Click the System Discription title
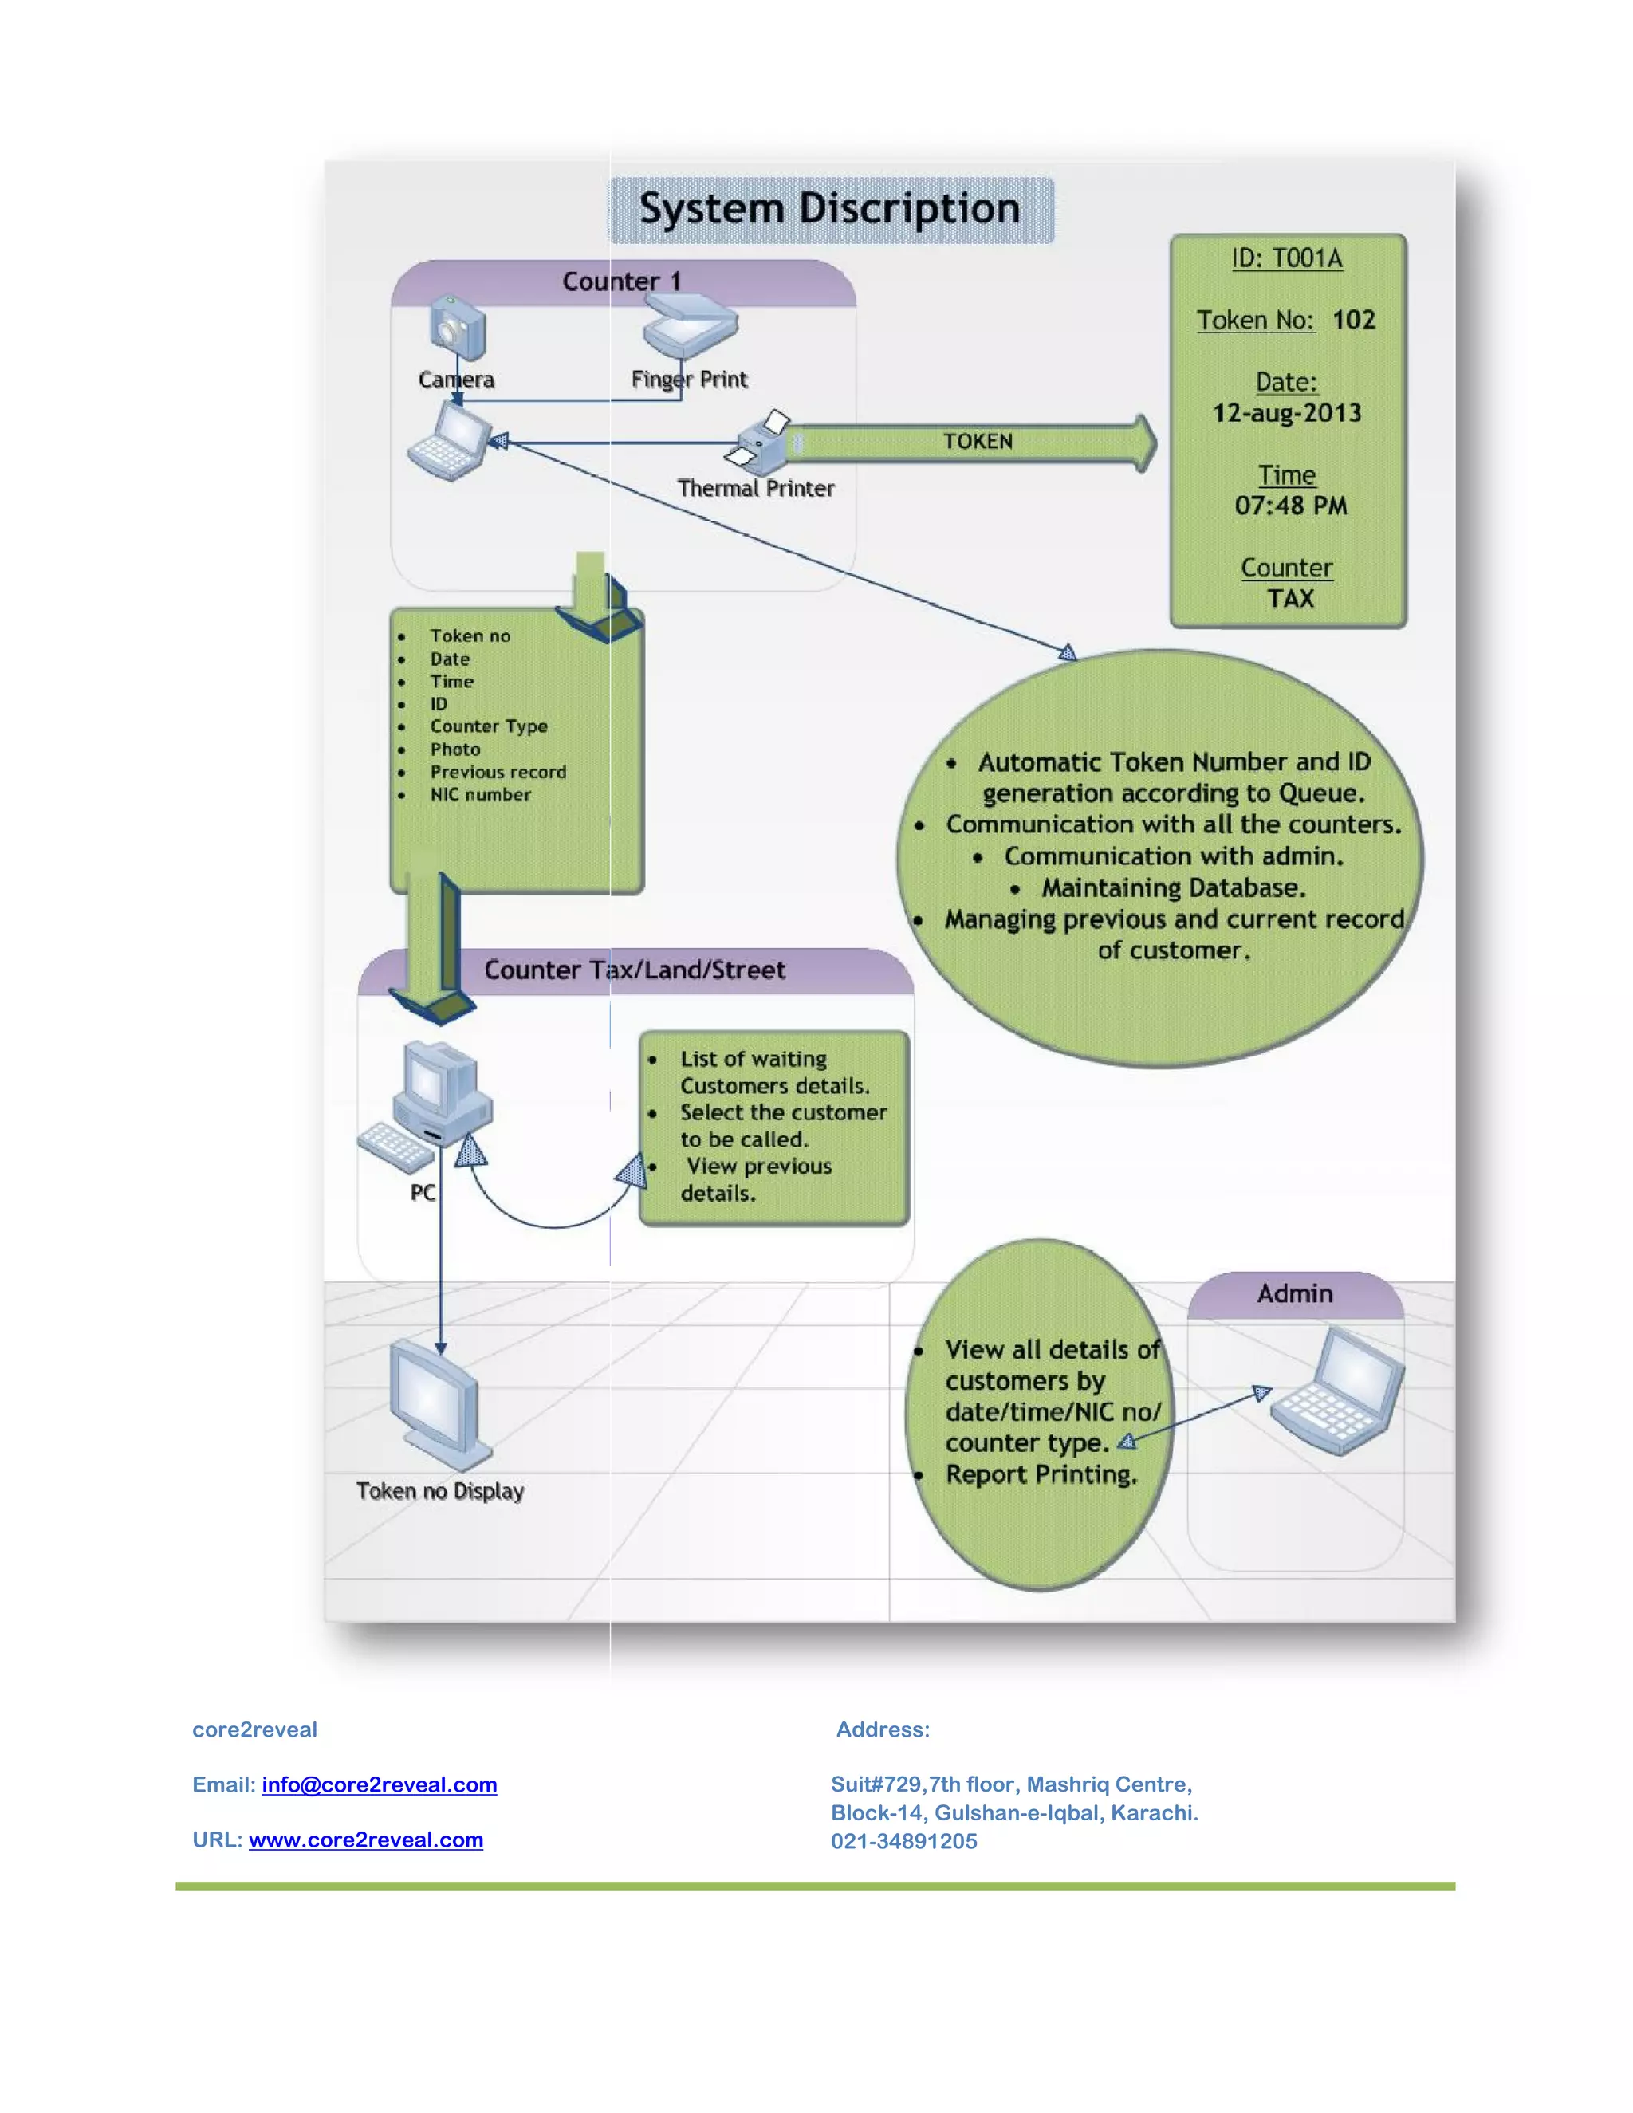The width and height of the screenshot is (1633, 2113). pyautogui.click(x=829, y=209)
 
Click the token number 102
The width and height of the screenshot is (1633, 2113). pyautogui.click(x=1352, y=321)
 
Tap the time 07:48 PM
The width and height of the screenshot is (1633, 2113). pyautogui.click(x=1289, y=505)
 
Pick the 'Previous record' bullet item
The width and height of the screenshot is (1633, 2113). pyautogui.click(x=498, y=772)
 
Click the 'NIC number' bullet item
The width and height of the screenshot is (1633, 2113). pyautogui.click(x=480, y=794)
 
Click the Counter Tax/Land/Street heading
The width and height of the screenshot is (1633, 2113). pyautogui.click(x=634, y=970)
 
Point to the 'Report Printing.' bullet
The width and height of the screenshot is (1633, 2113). pyautogui.click(x=1040, y=1474)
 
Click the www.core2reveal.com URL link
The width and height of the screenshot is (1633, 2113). pyautogui.click(x=366, y=1840)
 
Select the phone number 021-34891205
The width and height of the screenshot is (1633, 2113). pyautogui.click(x=903, y=1841)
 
